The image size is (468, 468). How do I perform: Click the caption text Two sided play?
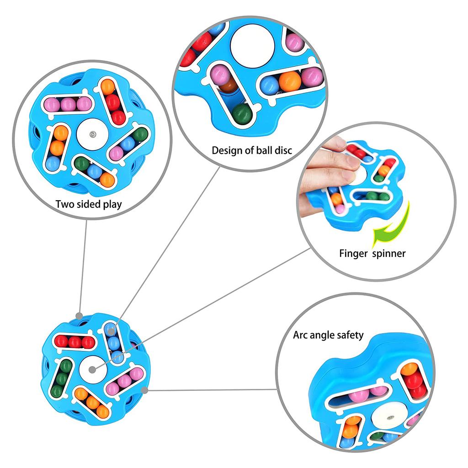point(89,204)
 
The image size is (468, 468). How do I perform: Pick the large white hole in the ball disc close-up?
point(252,45)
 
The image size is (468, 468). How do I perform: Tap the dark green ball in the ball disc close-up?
point(242,113)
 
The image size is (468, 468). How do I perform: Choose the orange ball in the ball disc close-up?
point(290,81)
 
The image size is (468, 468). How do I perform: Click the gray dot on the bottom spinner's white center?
point(92,370)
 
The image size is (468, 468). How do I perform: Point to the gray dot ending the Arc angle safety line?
point(144,390)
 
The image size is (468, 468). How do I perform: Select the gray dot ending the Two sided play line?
point(79,316)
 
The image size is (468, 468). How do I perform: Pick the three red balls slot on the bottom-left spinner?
point(74,342)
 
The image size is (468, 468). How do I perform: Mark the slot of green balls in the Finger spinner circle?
point(372,196)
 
